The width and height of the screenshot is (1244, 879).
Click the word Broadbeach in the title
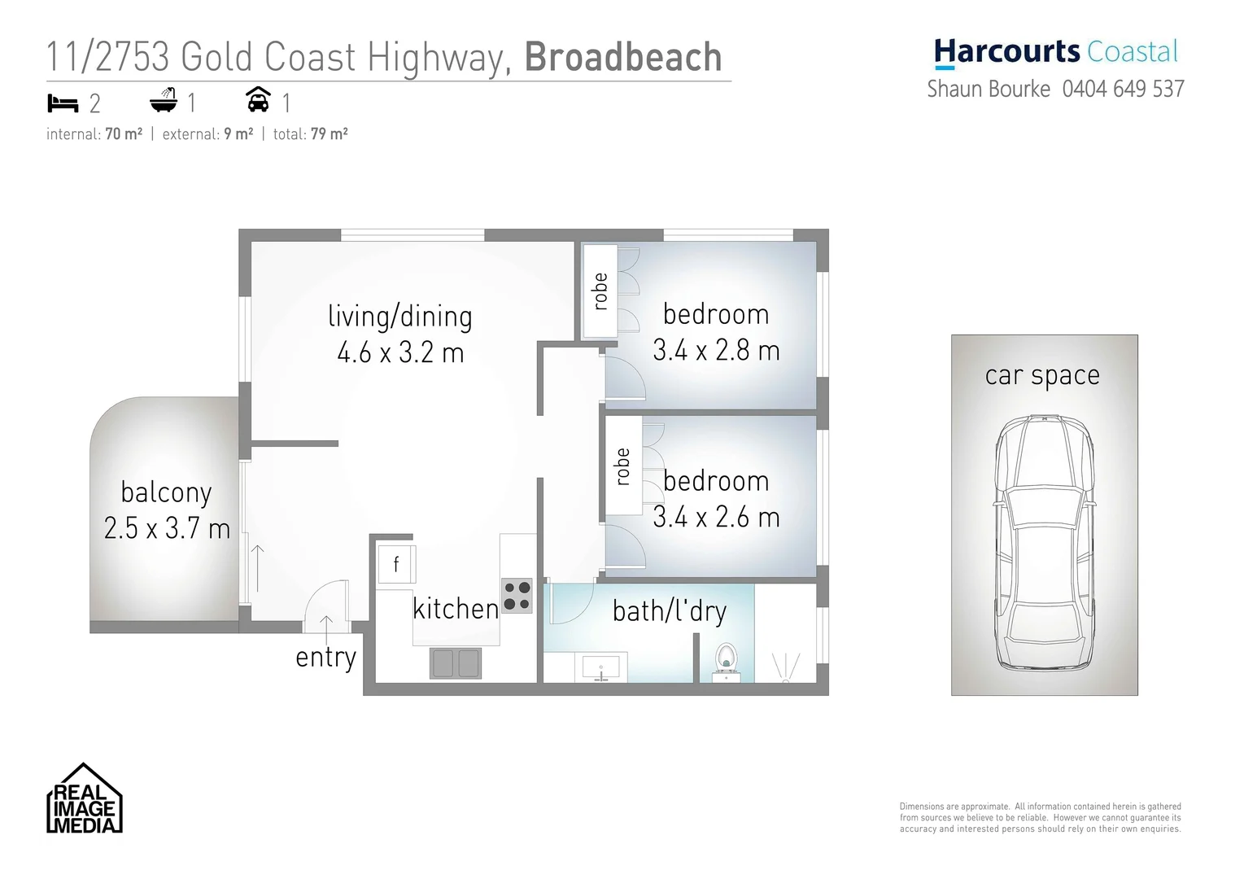coord(623,57)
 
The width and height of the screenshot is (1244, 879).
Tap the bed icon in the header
coord(63,103)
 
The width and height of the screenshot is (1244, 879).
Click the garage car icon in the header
coord(259,100)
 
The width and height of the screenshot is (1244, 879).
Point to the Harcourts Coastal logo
coord(1055,53)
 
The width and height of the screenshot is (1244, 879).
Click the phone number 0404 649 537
coord(1123,89)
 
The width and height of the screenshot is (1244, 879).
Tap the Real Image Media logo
coord(84,799)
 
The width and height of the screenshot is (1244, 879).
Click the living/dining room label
coord(400,316)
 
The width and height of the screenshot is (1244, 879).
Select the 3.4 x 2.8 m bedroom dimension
coord(716,351)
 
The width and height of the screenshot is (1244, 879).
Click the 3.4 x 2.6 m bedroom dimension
coord(716,518)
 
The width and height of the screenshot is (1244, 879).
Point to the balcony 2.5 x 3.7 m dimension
coord(167,529)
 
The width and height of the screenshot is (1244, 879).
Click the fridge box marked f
coord(396,563)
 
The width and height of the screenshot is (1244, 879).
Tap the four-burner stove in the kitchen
coord(517,595)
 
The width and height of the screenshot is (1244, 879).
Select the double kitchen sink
coord(455,663)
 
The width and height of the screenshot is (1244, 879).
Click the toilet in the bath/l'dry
coord(724,660)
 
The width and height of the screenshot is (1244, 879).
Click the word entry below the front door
coord(325,657)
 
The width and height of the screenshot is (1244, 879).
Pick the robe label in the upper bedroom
coord(600,291)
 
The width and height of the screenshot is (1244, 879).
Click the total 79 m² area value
coord(329,134)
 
